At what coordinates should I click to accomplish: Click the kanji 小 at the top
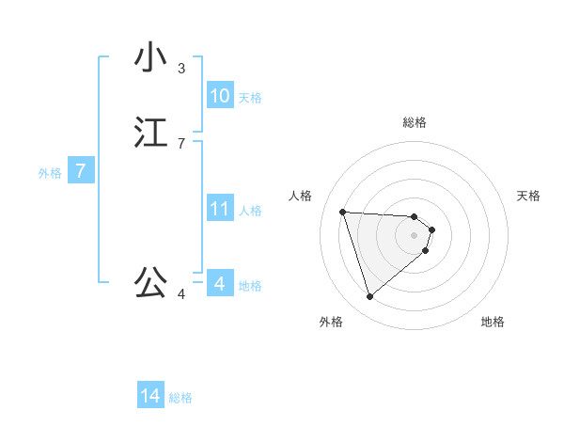pyautogui.click(x=150, y=57)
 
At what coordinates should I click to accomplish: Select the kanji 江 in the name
pyautogui.click(x=150, y=133)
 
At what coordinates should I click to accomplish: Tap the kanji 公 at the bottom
pyautogui.click(x=150, y=281)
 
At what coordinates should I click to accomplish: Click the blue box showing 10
pyautogui.click(x=219, y=96)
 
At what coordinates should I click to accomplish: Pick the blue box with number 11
pyautogui.click(x=219, y=209)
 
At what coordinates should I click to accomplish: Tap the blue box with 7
pyautogui.click(x=81, y=171)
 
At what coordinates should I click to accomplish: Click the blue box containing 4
pyautogui.click(x=219, y=283)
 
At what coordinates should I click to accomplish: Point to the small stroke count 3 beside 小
pyautogui.click(x=181, y=69)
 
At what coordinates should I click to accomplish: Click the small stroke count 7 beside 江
pyautogui.click(x=181, y=144)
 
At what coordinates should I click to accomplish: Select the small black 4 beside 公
pyautogui.click(x=181, y=294)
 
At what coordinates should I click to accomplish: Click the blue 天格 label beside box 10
pyautogui.click(x=250, y=97)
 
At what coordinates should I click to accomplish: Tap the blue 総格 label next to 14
pyautogui.click(x=180, y=398)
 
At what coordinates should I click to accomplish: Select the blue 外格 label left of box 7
pyautogui.click(x=50, y=173)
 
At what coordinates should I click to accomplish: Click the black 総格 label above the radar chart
pyautogui.click(x=415, y=122)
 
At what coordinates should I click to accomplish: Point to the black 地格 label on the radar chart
pyautogui.click(x=493, y=322)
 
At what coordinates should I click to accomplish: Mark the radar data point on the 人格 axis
pyautogui.click(x=343, y=212)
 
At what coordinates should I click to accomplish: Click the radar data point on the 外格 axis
pyautogui.click(x=369, y=297)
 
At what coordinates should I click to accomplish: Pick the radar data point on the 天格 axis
pyautogui.click(x=431, y=229)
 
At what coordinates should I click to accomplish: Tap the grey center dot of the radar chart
pyautogui.click(x=415, y=235)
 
